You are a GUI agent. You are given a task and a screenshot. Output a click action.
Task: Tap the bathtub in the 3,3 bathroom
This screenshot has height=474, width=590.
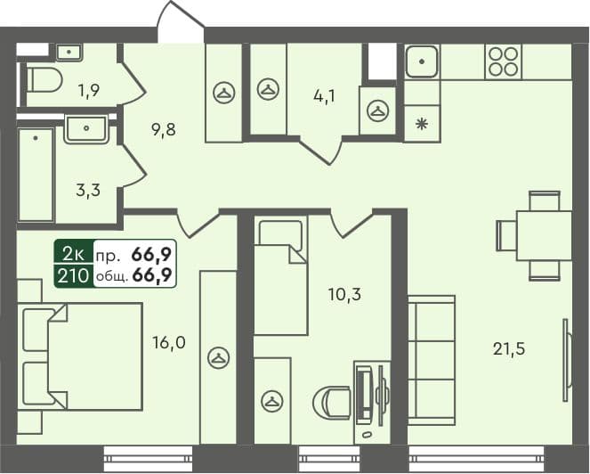[x=36, y=173]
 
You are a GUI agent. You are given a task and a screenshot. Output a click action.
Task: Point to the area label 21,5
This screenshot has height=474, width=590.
[x=509, y=348]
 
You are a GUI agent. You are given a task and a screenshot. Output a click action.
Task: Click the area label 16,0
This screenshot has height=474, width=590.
[x=168, y=340]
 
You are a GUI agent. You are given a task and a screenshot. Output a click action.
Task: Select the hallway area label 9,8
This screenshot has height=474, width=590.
[x=162, y=130]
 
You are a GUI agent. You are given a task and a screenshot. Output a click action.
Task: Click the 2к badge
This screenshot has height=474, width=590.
[x=73, y=253]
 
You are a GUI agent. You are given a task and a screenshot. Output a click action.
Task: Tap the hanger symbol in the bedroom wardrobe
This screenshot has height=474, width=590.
[x=217, y=357]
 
